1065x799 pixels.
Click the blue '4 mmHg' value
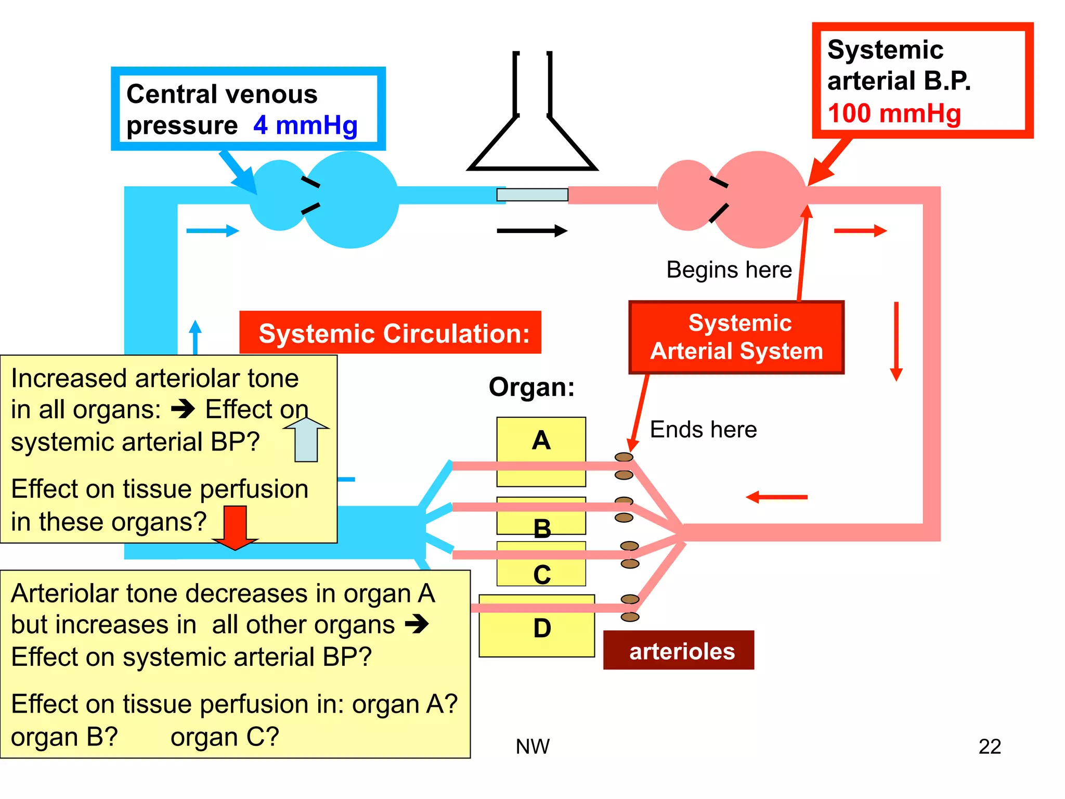(x=305, y=125)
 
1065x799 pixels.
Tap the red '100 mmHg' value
(x=894, y=113)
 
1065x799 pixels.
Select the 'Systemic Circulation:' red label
(x=393, y=333)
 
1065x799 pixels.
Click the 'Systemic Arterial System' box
(x=736, y=337)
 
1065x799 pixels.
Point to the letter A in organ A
(x=541, y=440)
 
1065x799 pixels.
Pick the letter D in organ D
(x=542, y=628)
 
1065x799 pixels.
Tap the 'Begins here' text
(x=729, y=269)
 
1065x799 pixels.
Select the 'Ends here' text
(x=703, y=429)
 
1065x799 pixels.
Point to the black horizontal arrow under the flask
(x=531, y=230)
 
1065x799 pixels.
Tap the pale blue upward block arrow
(x=306, y=440)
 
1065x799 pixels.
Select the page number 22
(x=989, y=746)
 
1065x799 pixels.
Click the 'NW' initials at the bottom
(x=532, y=746)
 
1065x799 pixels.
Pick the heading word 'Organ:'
(x=531, y=387)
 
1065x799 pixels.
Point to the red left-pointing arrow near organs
(x=776, y=497)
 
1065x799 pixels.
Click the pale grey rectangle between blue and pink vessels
(x=532, y=195)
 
